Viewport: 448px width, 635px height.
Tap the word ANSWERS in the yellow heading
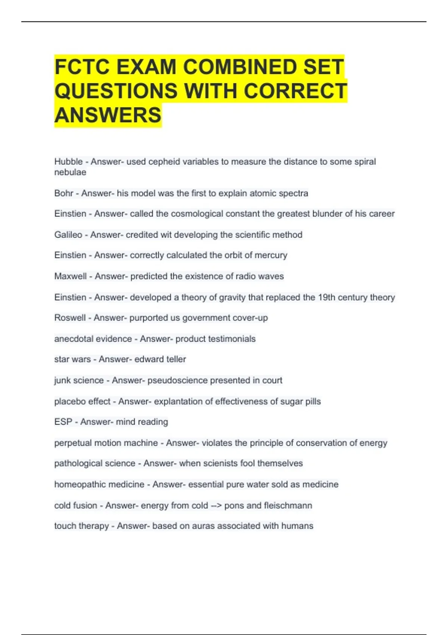108,115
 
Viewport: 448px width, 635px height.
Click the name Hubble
68,162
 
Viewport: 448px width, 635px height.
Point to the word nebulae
70,172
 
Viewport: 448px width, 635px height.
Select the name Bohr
64,193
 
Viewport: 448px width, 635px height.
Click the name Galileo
68,235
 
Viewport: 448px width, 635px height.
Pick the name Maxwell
71,276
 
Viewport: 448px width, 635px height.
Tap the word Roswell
70,317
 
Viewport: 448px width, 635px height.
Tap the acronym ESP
63,422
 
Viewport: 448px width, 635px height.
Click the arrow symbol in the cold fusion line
216,505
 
